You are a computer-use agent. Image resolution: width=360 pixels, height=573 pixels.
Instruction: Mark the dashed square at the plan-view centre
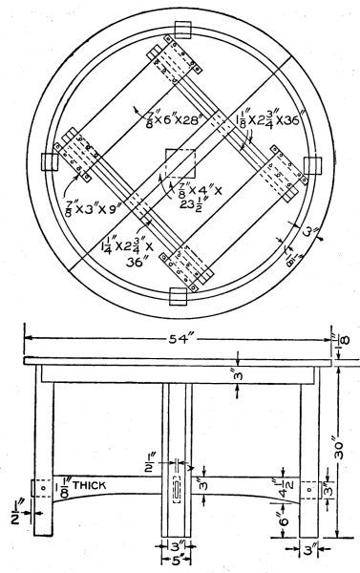[x=180, y=163]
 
